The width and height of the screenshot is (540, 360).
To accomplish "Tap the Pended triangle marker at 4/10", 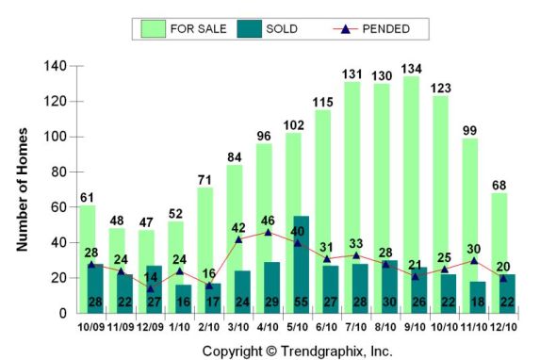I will [270, 232].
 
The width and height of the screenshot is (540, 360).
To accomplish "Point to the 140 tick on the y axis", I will [56, 66].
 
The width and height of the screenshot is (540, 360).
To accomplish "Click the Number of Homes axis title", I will [23, 188].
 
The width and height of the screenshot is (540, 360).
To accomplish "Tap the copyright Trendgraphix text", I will [297, 351].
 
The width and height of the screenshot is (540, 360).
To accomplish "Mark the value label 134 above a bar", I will [411, 68].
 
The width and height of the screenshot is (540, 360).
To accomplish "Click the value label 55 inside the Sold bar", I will [299, 302].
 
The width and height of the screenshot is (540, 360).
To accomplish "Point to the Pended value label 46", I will [270, 220].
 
